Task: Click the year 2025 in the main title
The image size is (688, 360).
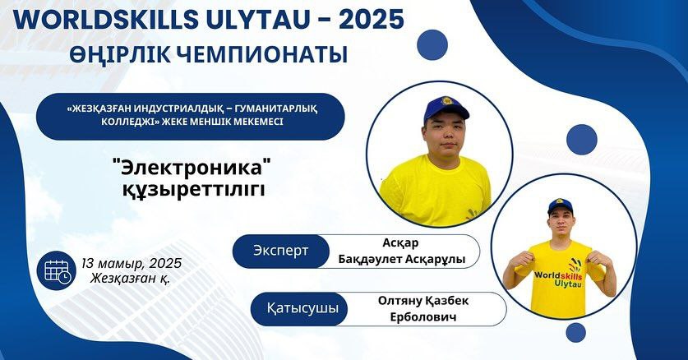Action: coord(371,19)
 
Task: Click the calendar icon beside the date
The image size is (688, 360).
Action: coord(56,270)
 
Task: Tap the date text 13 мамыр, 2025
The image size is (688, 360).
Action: coord(132,264)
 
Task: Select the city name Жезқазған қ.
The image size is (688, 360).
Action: coord(131,279)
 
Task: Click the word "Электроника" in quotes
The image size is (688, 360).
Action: coord(192,168)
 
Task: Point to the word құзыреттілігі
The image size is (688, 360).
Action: coord(193,189)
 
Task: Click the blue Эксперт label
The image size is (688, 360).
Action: coord(281,251)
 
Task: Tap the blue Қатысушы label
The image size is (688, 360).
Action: coord(302,308)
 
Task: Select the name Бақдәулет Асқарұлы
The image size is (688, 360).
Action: coord(401,260)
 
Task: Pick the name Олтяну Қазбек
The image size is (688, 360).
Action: coord(423,301)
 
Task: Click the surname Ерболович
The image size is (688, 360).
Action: coord(423,316)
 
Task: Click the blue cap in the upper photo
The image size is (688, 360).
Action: coord(445,108)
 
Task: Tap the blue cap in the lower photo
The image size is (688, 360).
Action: coord(560,206)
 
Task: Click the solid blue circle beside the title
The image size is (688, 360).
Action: coord(432,44)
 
